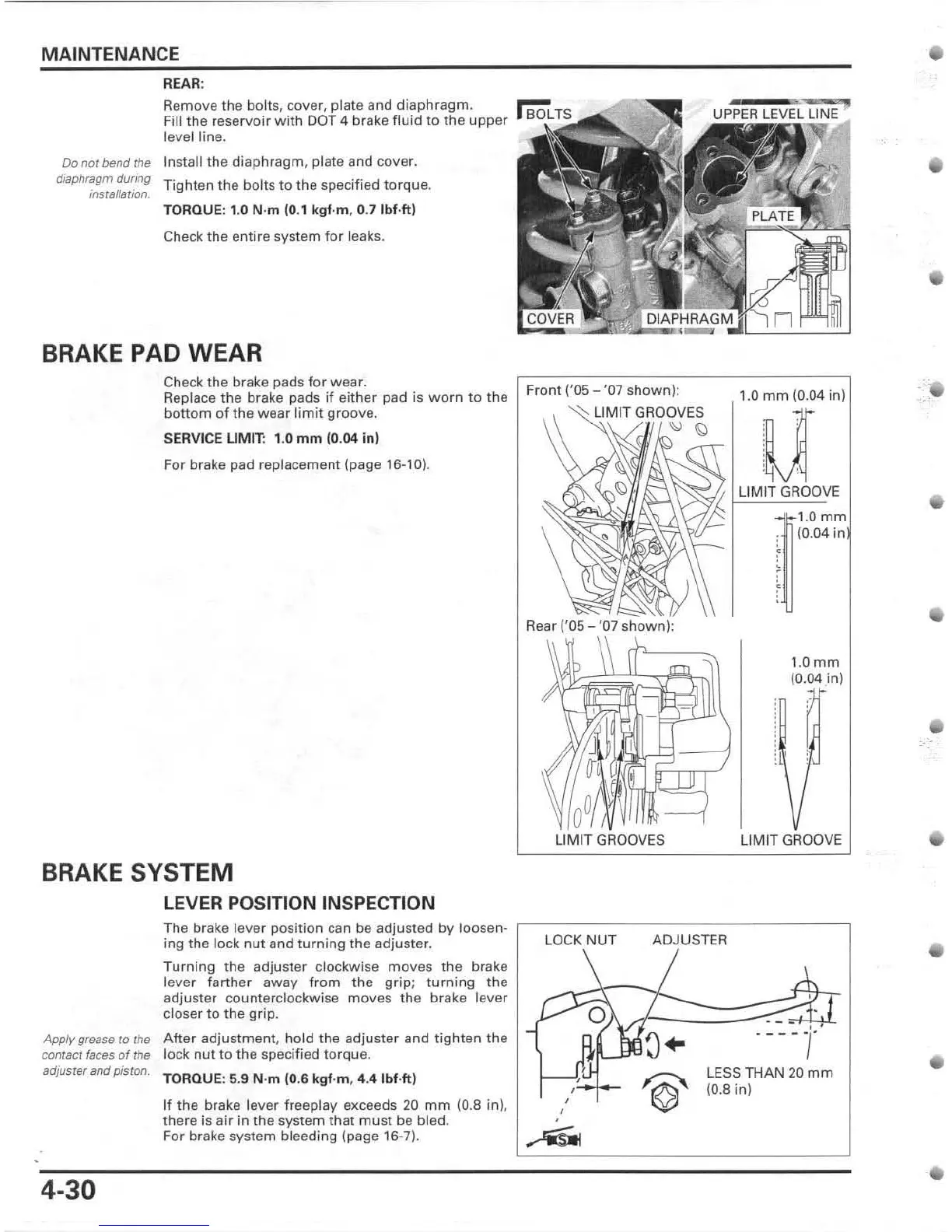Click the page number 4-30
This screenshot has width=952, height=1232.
[x=69, y=1190]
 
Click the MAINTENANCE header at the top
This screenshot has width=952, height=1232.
[x=110, y=54]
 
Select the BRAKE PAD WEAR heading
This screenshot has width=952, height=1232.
[x=152, y=353]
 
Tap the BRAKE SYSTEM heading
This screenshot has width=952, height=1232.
[x=137, y=872]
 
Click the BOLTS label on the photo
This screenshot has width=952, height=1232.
[x=549, y=114]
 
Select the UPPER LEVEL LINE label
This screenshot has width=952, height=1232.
[x=775, y=114]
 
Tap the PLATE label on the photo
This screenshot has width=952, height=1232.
[x=772, y=215]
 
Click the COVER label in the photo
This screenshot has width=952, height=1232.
[x=550, y=319]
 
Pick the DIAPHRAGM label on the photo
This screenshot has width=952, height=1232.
[x=689, y=319]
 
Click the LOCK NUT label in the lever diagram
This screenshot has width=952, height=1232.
[x=579, y=940]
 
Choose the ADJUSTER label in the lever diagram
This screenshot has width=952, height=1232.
[x=689, y=940]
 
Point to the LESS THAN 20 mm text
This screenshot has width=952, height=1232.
[x=768, y=1073]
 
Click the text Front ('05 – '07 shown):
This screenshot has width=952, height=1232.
[x=603, y=390]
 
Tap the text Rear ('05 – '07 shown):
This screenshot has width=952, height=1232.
[x=600, y=625]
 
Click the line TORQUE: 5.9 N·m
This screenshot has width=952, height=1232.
[x=289, y=1079]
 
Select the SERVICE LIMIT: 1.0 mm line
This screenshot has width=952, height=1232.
[x=271, y=439]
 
